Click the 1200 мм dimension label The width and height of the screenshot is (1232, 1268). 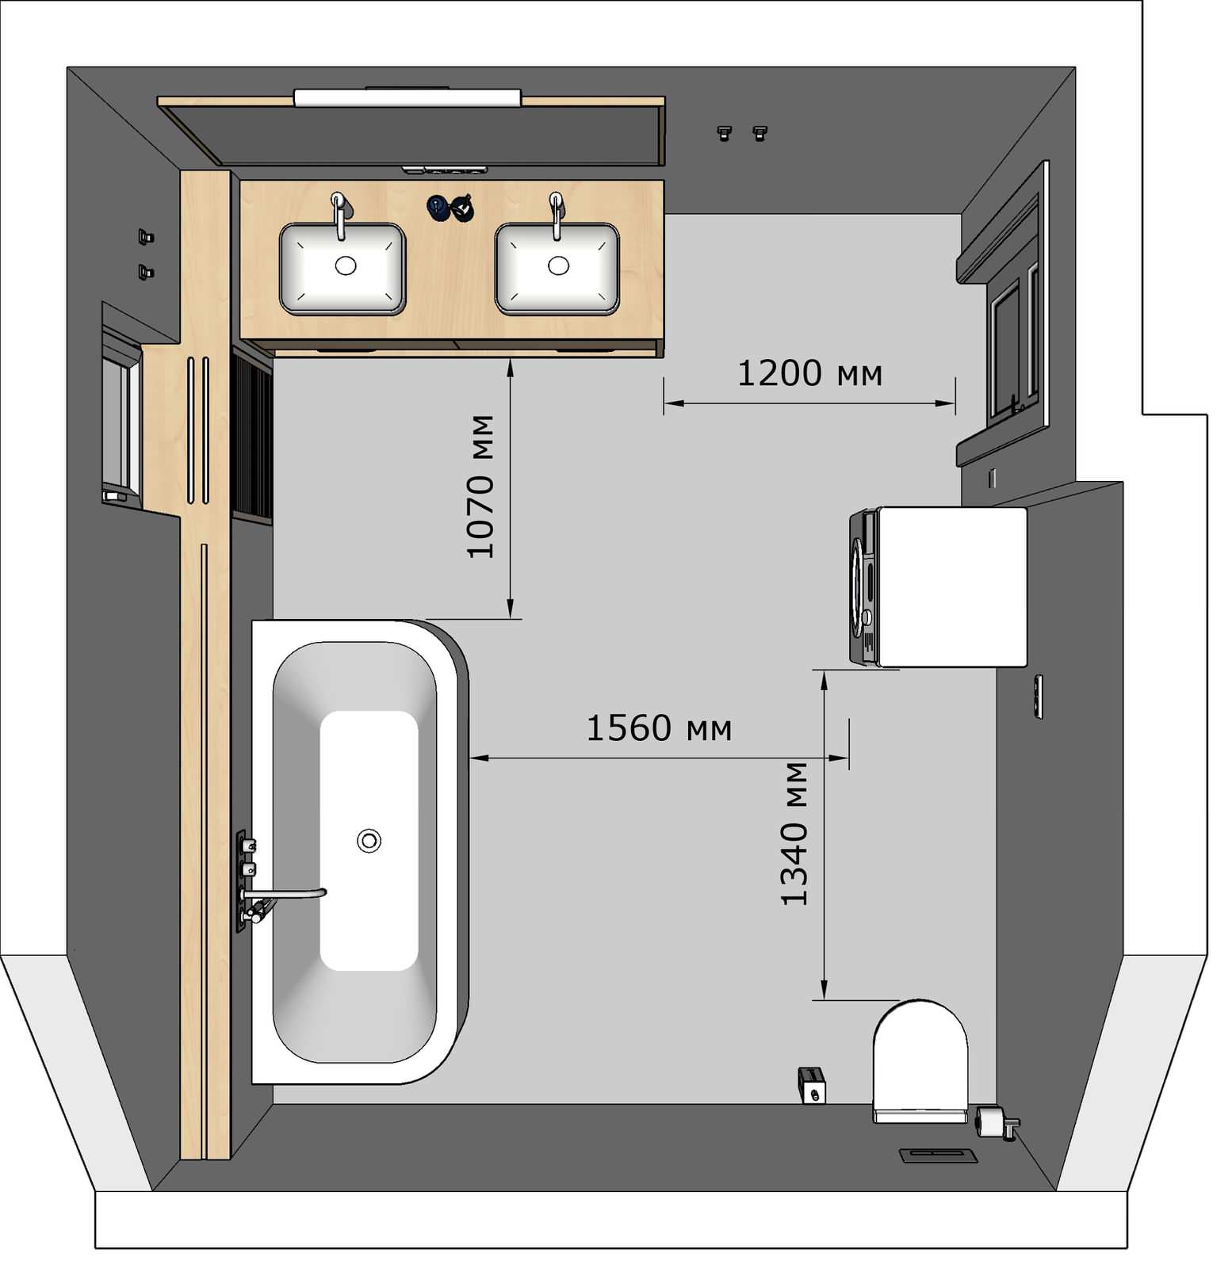[x=809, y=373]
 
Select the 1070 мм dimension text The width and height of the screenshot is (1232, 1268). [x=481, y=487]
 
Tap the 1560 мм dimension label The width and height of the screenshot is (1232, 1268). [x=659, y=728]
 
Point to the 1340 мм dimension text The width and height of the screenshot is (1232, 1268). [x=794, y=834]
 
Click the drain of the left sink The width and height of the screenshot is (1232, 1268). [x=346, y=265]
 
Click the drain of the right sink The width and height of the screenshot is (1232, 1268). [x=558, y=265]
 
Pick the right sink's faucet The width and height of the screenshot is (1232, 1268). [x=557, y=214]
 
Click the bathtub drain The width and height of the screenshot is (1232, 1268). [x=369, y=840]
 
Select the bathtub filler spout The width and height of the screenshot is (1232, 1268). [x=285, y=893]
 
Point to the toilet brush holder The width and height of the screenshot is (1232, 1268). [x=812, y=1085]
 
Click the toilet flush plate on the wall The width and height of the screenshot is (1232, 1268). [x=939, y=1155]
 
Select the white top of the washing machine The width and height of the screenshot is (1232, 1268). [x=952, y=586]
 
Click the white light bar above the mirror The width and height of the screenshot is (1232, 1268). [x=407, y=97]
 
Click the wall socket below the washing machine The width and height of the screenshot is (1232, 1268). [x=1038, y=697]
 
